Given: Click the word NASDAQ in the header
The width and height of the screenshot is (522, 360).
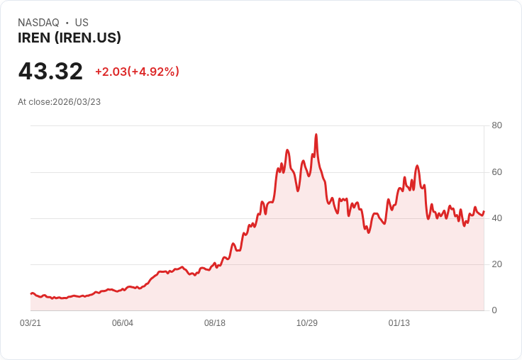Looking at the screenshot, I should coord(38,23).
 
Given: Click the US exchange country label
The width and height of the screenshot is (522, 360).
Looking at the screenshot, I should coord(82,23).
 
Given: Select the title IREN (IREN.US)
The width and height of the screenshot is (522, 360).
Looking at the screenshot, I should coord(70,38).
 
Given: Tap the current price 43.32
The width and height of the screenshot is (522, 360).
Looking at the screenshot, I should coord(50,71).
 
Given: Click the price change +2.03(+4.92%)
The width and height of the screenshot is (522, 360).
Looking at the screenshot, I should coord(137,72).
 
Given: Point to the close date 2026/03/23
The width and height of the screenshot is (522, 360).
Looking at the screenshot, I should coord(77,102).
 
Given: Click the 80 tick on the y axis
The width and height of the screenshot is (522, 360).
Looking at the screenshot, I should coord(496,125).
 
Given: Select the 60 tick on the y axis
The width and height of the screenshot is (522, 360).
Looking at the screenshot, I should coord(496,171).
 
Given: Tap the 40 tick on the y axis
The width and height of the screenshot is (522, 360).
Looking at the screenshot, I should coord(496,218).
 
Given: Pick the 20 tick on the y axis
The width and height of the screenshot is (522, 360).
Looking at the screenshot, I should coord(496,264).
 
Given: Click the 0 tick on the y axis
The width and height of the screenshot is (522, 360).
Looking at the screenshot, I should coord(494,310).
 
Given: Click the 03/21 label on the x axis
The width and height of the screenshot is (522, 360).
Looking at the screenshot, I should coord(30,323).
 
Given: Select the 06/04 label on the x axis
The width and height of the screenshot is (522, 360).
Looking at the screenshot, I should coord(123,323).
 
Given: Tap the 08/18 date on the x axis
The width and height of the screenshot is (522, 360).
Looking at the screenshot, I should coord(215,323).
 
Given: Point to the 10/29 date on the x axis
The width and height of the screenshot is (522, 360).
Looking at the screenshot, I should coord(307,323).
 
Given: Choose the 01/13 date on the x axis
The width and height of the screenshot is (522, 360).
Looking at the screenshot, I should coord(399,323).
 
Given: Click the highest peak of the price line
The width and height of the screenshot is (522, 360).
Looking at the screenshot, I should coord(316,135).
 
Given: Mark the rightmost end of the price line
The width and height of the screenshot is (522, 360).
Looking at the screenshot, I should coord(484,211).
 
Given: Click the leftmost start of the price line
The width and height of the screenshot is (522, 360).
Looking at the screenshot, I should coord(30,293).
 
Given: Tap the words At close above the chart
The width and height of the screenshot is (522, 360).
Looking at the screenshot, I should coord(34,102).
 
